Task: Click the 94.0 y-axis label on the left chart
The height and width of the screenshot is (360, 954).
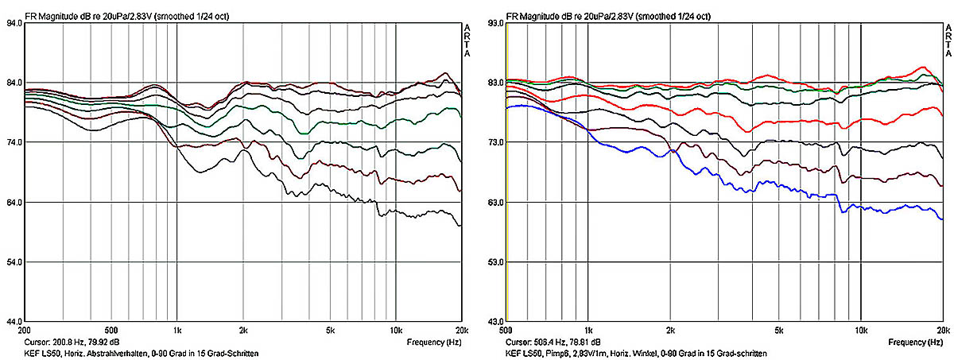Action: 13,24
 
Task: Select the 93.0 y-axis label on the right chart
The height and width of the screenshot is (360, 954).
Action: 494,24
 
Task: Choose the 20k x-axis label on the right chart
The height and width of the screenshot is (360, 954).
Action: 942,329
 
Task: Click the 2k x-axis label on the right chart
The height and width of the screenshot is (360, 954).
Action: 671,329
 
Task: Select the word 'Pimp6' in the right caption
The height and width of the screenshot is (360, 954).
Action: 564,353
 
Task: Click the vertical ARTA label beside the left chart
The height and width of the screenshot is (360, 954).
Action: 467,41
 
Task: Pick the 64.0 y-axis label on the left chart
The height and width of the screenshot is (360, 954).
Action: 13,203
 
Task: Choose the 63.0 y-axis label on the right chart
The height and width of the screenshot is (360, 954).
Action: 494,203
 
